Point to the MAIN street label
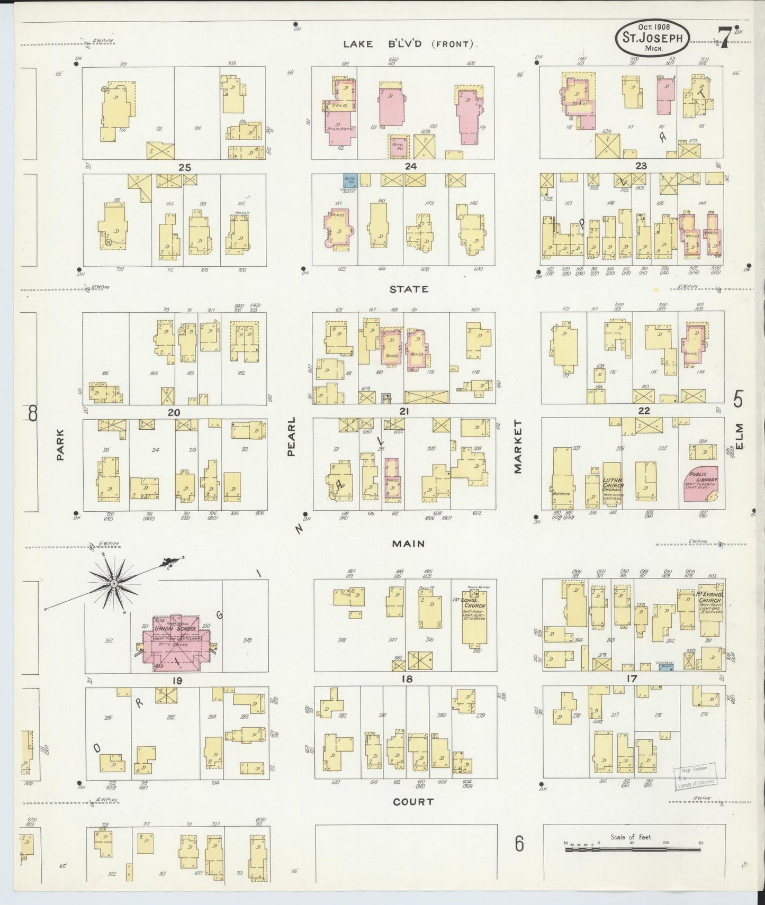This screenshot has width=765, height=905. [x=408, y=544]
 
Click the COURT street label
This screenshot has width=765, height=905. [x=413, y=802]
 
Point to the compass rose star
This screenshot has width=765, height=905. [x=113, y=583]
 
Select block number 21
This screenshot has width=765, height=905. [x=405, y=411]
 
